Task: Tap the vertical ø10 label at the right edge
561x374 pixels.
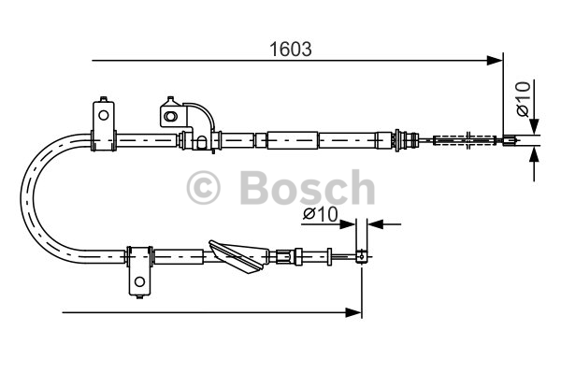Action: (x=524, y=99)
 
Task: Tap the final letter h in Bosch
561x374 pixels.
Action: (x=358, y=188)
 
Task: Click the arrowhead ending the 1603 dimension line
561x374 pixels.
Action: (x=496, y=62)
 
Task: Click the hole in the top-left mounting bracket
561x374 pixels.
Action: (x=101, y=116)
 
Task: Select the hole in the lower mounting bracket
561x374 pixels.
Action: (x=138, y=281)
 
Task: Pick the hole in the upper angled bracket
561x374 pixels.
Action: (x=170, y=115)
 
